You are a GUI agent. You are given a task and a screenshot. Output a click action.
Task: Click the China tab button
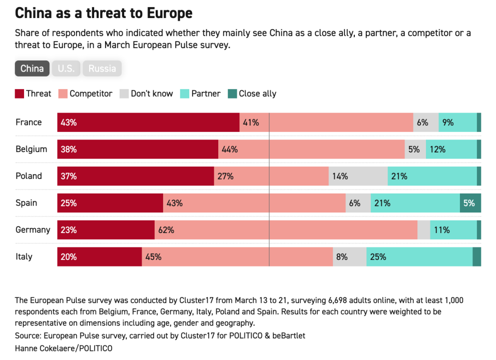click(32, 68)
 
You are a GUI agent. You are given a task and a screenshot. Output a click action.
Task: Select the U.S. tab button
click(66, 68)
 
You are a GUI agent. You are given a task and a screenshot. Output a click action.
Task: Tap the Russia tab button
click(102, 68)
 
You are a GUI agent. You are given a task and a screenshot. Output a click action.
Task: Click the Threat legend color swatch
click(20, 93)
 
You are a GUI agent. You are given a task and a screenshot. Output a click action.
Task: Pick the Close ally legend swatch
click(232, 93)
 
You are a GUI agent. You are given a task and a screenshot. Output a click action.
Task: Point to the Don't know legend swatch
click(124, 93)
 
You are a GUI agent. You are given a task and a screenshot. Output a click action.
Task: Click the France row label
click(29, 122)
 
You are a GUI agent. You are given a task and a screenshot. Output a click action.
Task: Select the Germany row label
click(33, 230)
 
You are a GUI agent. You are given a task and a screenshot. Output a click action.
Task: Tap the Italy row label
click(24, 256)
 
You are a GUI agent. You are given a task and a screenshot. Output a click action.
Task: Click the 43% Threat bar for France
click(148, 122)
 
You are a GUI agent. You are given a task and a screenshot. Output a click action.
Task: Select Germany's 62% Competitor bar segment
click(286, 230)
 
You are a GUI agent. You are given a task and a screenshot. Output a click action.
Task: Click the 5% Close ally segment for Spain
click(470, 203)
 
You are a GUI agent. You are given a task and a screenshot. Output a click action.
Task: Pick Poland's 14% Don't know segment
click(358, 176)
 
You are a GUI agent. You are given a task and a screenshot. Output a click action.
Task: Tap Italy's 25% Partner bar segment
click(419, 256)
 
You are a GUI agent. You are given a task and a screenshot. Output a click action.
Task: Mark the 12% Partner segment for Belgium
click(451, 149)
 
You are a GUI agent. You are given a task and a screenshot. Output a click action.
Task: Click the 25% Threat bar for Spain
click(110, 203)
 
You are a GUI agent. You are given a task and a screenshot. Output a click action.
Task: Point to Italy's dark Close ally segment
click(477, 256)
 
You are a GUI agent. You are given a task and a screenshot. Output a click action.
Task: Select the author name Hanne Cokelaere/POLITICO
click(64, 348)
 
